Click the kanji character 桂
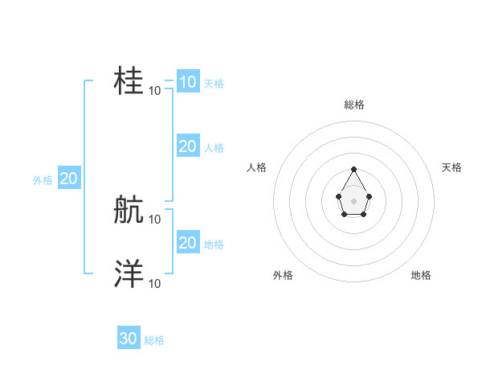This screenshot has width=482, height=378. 129,81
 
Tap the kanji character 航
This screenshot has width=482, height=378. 129,210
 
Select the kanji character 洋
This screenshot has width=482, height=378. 129,274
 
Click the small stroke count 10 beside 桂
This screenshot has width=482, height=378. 155,91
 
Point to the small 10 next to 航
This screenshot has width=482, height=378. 155,219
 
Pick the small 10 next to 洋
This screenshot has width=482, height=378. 155,283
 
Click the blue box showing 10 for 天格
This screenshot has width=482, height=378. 187,81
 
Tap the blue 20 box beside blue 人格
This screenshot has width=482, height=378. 187,146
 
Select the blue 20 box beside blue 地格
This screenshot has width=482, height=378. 187,242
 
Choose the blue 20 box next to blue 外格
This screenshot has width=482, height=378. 68,179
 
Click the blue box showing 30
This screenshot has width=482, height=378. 129,339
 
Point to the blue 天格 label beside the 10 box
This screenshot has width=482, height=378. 214,84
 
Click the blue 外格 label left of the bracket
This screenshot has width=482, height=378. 43,181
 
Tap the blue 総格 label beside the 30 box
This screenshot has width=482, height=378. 154,341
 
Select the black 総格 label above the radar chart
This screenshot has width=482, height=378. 354,105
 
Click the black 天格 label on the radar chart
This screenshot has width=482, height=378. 451,167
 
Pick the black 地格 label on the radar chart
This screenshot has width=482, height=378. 421,275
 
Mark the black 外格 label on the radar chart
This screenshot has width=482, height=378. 283,275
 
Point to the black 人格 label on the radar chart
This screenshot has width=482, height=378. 257,167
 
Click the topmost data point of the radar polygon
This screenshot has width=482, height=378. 353,169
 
